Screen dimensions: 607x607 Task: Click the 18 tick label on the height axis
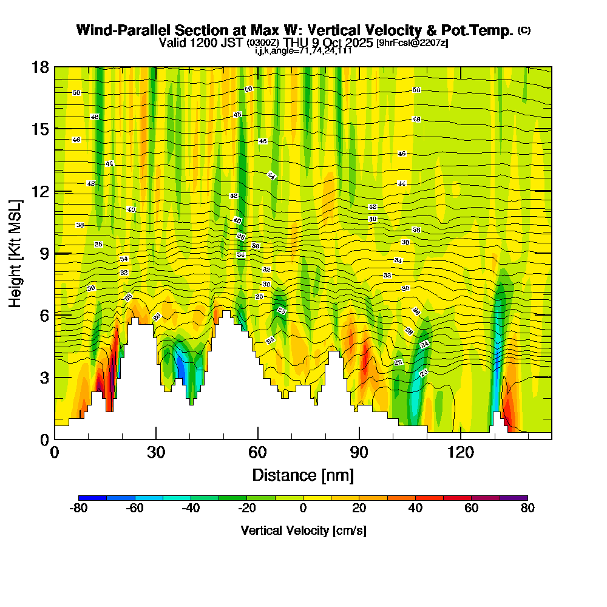tap(41, 67)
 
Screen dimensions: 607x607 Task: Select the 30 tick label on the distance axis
tap(156, 452)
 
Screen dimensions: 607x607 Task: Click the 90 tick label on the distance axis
tap(359, 452)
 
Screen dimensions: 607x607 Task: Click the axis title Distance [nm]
tap(303, 474)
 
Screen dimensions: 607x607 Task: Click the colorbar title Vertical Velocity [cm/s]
tap(303, 531)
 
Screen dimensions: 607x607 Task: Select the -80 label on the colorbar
tap(79, 509)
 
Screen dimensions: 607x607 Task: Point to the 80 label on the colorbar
tap(527, 509)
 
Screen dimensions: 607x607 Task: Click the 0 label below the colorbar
tap(303, 509)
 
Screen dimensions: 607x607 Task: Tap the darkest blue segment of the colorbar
tap(93, 498)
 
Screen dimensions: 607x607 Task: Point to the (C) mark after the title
tap(524, 30)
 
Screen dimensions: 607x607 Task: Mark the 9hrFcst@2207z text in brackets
tap(412, 42)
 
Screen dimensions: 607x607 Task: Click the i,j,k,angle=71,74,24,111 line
tap(303, 50)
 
